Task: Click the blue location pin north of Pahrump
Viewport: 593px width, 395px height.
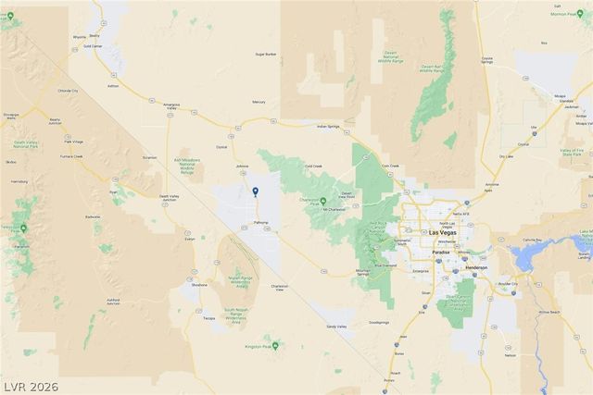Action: click(x=256, y=191)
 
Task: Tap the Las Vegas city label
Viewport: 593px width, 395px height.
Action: click(x=443, y=232)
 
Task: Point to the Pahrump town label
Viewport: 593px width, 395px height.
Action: click(x=260, y=223)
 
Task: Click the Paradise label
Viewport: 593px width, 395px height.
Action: click(x=440, y=251)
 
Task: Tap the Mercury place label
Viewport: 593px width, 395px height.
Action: click(x=259, y=102)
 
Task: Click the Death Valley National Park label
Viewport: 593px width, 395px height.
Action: click(x=26, y=144)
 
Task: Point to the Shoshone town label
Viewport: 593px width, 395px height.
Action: click(x=199, y=285)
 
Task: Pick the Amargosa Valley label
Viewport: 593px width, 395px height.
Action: click(x=170, y=105)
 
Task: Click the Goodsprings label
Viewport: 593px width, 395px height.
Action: click(x=379, y=322)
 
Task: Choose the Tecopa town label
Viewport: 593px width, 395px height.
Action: click(x=209, y=317)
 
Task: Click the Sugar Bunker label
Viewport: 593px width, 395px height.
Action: click(x=267, y=54)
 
